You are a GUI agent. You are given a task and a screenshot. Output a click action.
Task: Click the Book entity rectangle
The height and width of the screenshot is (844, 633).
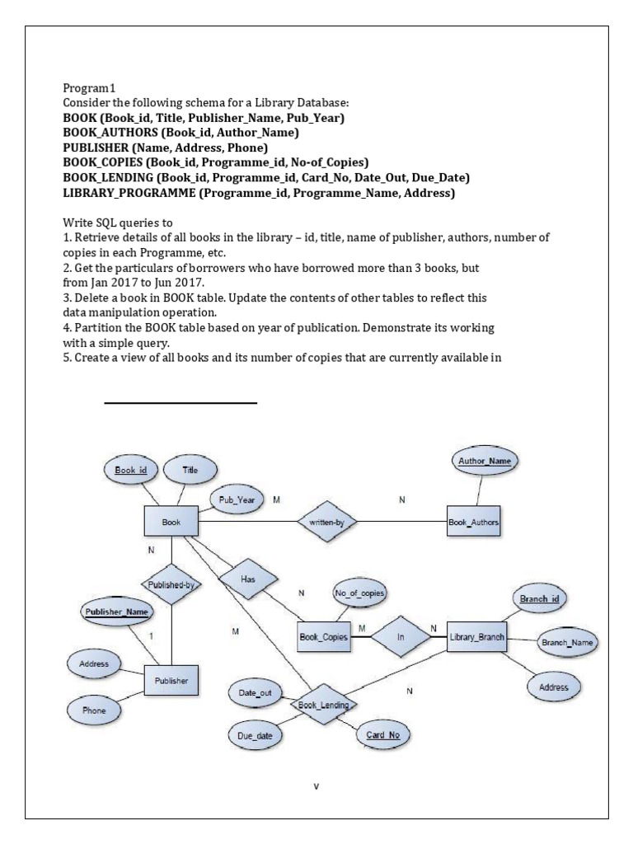tap(171, 522)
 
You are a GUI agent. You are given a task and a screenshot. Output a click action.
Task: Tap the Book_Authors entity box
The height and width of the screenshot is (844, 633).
tap(473, 522)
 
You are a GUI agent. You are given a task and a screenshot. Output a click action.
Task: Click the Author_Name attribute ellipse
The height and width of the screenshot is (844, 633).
tap(484, 461)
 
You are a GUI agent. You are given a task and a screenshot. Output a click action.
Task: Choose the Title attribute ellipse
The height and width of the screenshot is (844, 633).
tap(190, 470)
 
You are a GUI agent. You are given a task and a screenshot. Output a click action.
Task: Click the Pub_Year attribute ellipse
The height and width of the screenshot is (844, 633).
tap(237, 499)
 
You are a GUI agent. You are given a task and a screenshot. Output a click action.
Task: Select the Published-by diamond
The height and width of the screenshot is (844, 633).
tap(171, 585)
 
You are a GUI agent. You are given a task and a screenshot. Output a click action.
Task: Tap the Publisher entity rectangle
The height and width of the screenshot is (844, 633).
tap(171, 680)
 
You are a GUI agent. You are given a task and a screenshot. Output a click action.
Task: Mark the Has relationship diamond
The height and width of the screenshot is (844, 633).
tap(247, 579)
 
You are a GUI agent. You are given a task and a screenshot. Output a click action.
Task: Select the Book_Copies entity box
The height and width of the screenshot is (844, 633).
tap(322, 636)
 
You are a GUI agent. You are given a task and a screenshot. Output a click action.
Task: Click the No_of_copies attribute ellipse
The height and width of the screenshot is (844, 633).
tap(359, 593)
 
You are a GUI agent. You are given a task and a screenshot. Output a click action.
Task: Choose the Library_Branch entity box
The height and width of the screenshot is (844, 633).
tap(477, 636)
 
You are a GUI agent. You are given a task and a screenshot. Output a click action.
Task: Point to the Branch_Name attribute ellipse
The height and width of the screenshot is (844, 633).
tap(567, 641)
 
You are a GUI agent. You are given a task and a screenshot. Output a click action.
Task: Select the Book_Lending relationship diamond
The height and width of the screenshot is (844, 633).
tap(324, 705)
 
